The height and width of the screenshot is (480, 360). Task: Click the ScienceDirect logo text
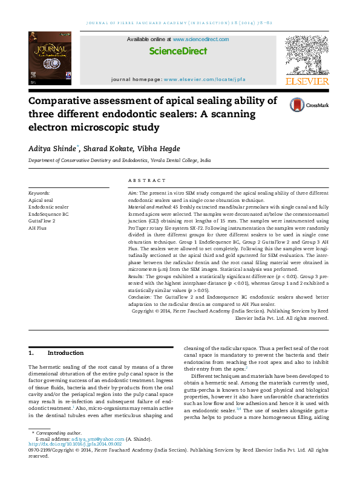(x=178, y=51)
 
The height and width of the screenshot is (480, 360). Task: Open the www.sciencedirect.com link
(x=200, y=39)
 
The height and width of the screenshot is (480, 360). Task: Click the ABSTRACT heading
(x=146, y=181)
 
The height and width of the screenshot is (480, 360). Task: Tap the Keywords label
(x=39, y=193)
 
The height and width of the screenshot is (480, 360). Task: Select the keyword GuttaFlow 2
(x=42, y=221)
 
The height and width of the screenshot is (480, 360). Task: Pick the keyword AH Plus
(x=38, y=229)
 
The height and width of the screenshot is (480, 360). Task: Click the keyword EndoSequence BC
(x=48, y=214)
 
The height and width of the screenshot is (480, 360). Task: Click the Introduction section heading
(x=65, y=353)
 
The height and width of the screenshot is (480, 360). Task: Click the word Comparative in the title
(x=63, y=101)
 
